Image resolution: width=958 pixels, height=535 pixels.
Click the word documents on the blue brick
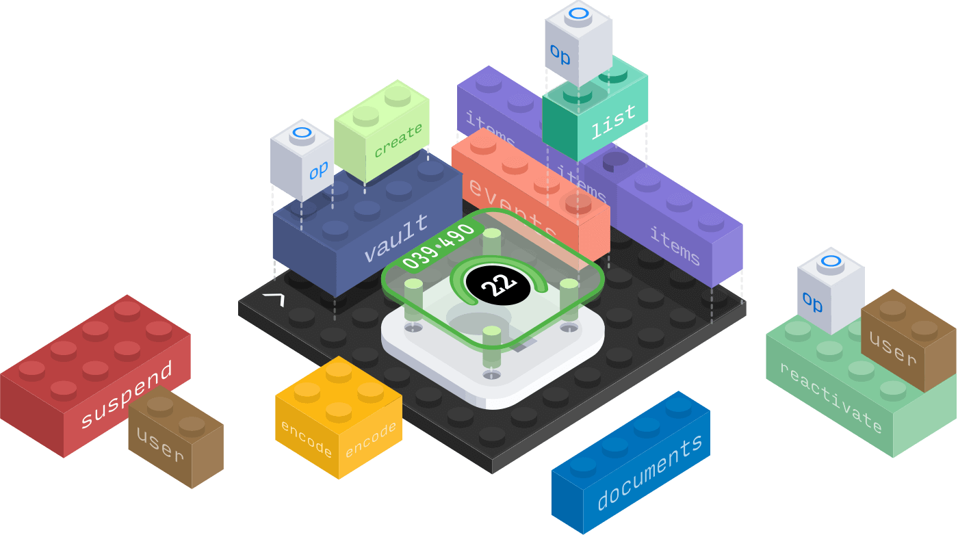[650, 472]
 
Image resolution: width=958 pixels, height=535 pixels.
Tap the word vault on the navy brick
[397, 238]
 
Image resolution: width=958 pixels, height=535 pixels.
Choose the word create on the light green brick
[398, 140]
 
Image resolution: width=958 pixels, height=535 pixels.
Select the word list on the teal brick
[613, 122]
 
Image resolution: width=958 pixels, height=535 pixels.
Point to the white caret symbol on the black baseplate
[274, 299]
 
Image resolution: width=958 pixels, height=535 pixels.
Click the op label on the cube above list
[560, 56]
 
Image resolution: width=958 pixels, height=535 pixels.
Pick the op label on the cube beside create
[318, 170]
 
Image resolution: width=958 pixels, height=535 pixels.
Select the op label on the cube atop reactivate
[813, 301]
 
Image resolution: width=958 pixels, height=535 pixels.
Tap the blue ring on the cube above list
[579, 13]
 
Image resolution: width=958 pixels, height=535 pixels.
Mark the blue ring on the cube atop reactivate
[830, 261]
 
